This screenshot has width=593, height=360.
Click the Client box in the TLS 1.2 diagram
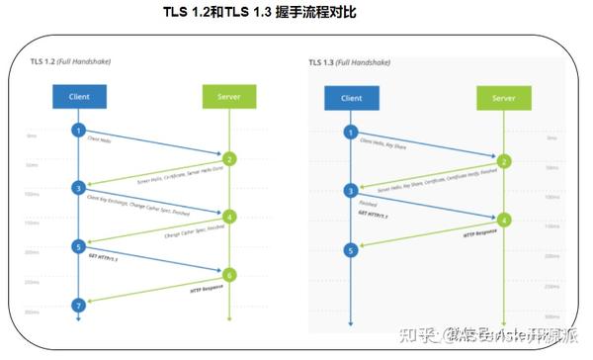pyautogui.click(x=79, y=96)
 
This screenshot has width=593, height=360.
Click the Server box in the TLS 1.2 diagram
pyautogui.click(x=228, y=96)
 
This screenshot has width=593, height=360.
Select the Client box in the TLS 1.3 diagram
pyautogui.click(x=350, y=98)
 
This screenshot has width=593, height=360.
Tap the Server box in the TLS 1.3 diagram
pyautogui.click(x=503, y=98)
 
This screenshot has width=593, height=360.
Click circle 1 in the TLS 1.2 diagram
pyautogui.click(x=79, y=131)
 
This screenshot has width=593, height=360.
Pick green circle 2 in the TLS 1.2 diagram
pyautogui.click(x=229, y=158)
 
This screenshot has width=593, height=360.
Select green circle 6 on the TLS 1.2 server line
pyautogui.click(x=229, y=274)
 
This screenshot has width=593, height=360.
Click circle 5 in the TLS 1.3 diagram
pyautogui.click(x=350, y=250)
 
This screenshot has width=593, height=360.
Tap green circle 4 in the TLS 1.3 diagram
pyautogui.click(x=503, y=220)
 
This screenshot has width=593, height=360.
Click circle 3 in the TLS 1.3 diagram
pyautogui.click(x=350, y=190)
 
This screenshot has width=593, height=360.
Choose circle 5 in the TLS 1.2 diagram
pyautogui.click(x=79, y=245)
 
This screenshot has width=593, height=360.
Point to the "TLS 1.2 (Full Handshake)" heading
pyautogui.click(x=71, y=61)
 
